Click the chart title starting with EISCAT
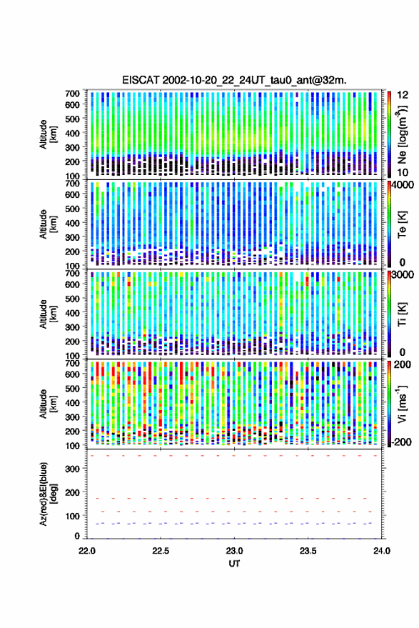[234, 80]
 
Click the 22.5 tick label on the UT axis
[161, 551]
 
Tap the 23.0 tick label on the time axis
[234, 551]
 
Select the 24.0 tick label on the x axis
[381, 551]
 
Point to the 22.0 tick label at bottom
[87, 551]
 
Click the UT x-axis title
[234, 564]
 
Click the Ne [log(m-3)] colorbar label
[401, 134]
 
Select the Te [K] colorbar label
[402, 224]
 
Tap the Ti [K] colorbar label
[402, 314]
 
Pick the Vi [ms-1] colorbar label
[401, 404]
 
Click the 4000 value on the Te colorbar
[402, 185]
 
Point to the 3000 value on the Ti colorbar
[402, 275]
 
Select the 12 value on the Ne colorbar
[403, 95]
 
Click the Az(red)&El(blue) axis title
[49, 494]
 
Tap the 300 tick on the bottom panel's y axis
[72, 469]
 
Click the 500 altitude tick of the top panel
[72, 119]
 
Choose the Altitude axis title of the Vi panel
[49, 404]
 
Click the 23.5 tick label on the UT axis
[308, 551]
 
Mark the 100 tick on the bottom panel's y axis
[72, 516]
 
